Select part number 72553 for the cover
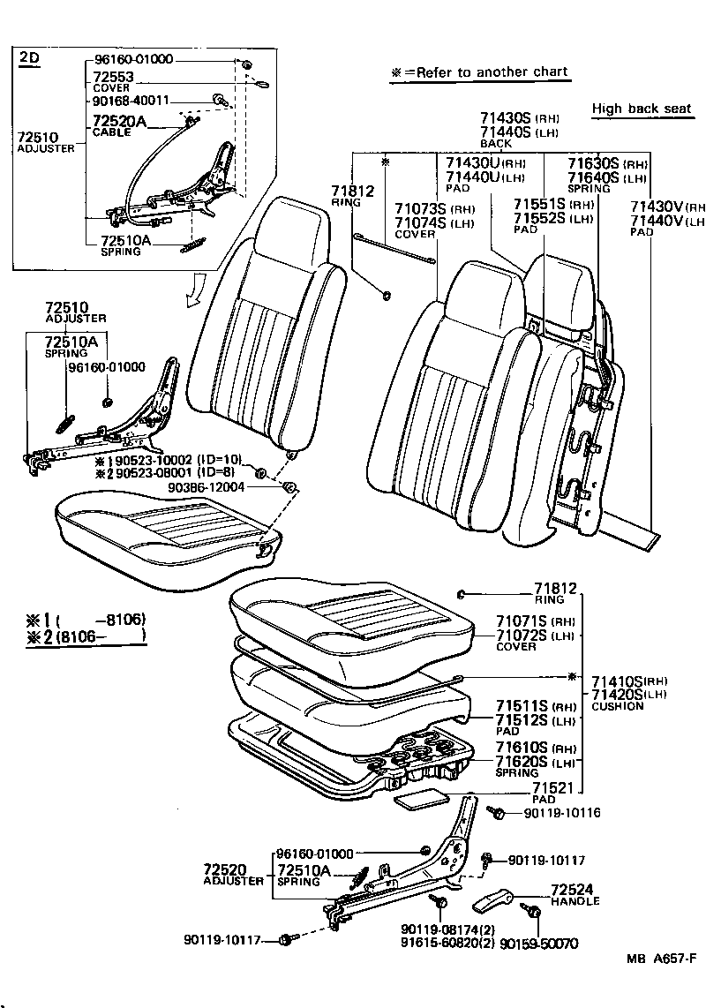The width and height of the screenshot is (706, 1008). pos(113,78)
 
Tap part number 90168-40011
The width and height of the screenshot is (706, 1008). pos(131,101)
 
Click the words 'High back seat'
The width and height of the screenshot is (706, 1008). pos(642,109)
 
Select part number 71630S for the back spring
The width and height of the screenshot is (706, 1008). pos(594,163)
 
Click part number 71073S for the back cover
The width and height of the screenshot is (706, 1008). pos(421,209)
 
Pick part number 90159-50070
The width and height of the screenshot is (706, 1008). pos(538,944)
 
